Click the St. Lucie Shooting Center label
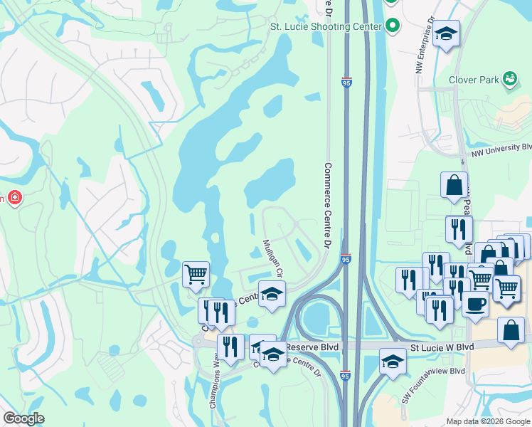point(326,26)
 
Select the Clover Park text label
point(474,80)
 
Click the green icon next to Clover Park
point(509,78)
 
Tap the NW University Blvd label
point(501,147)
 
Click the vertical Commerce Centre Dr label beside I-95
point(328,206)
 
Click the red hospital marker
point(14,197)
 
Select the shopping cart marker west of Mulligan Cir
point(196,273)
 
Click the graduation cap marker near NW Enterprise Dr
point(446,33)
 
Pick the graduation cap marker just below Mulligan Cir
point(271,294)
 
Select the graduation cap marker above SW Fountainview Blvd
point(393,361)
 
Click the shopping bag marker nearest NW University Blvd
point(454,186)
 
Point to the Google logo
point(23,418)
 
